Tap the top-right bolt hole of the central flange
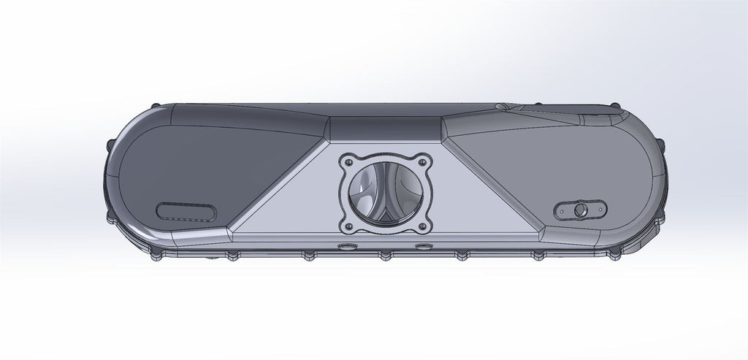click(421, 158)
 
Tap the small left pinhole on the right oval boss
click(562, 214)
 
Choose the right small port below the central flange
click(422, 247)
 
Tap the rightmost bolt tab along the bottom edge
click(612, 255)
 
